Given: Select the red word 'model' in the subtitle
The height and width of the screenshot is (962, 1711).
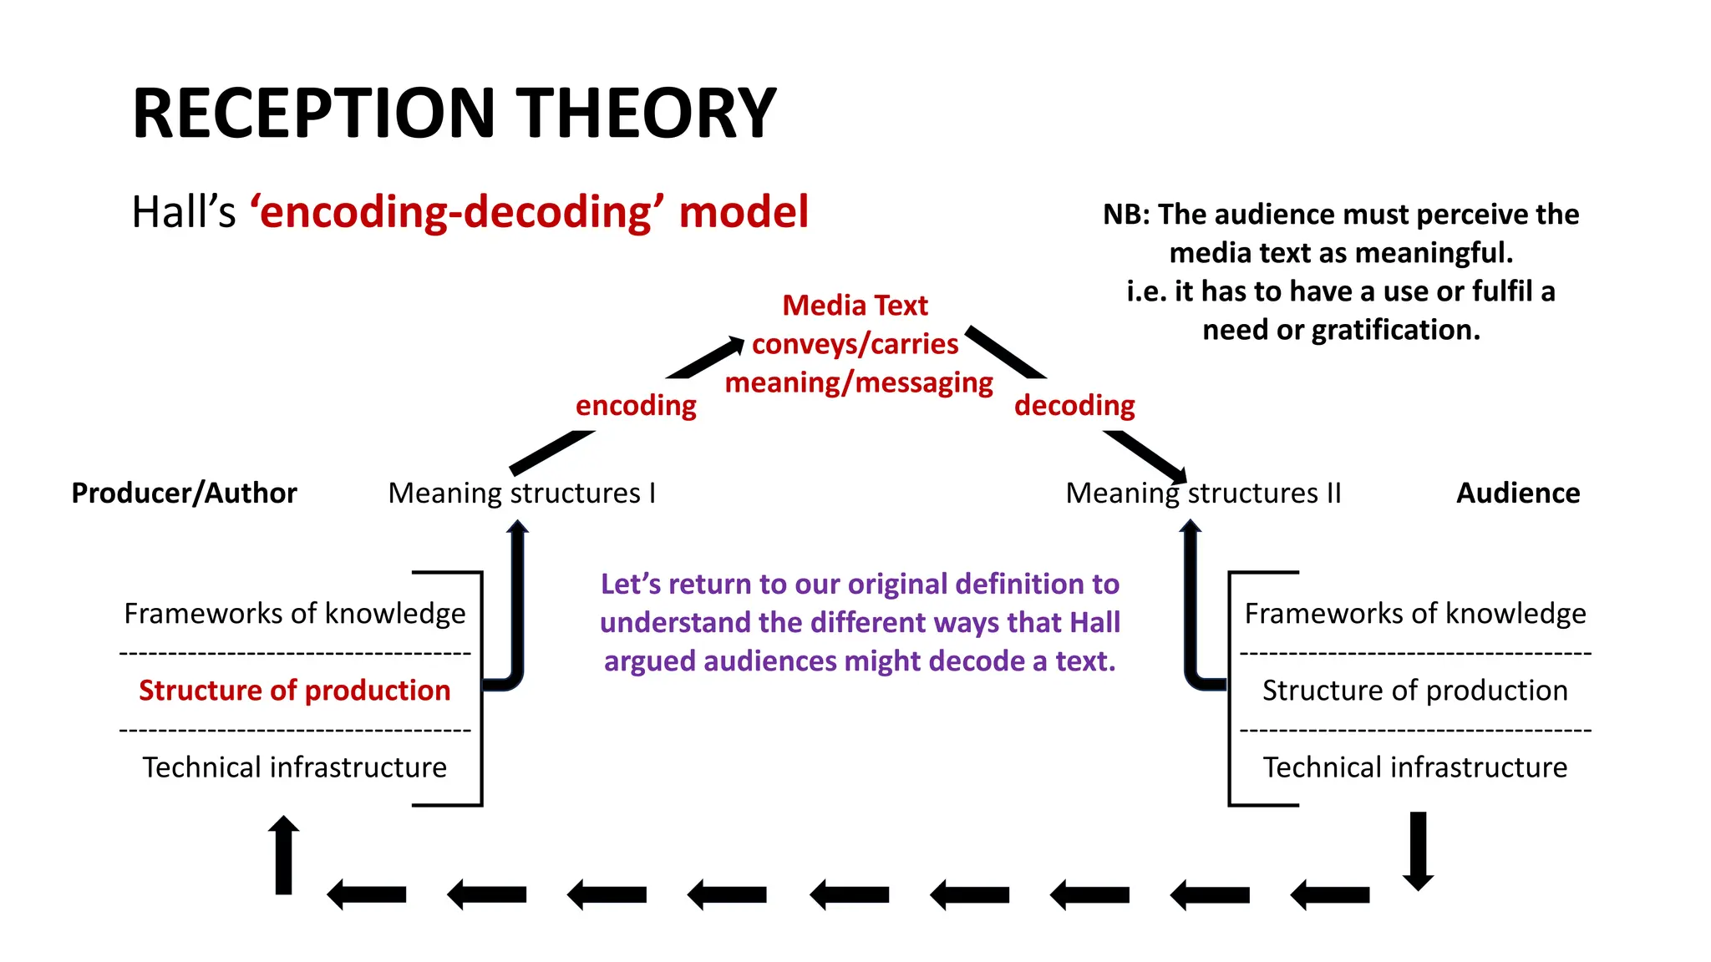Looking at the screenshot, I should tap(744, 212).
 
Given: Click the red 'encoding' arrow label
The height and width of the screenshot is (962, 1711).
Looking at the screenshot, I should tap(636, 406).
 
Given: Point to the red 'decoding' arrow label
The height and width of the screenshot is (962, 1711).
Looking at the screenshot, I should tap(1074, 406).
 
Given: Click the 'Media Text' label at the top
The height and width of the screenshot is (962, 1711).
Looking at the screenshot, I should tap(855, 306).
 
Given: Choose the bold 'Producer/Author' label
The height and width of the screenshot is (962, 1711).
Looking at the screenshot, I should tap(184, 494).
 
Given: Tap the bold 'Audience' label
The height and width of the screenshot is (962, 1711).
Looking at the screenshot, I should tap(1518, 494).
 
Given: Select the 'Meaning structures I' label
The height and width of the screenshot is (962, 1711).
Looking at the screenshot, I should tap(522, 494).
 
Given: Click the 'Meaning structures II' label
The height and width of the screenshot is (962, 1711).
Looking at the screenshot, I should tap(1203, 494).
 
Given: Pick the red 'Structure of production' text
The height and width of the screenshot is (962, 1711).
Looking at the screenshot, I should tap(295, 691).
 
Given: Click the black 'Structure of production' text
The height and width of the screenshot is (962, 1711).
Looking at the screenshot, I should tap(1414, 691).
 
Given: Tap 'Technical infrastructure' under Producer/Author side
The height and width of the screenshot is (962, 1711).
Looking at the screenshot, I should tap(295, 767).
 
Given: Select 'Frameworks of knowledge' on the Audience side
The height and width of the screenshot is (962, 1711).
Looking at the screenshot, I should tap(1414, 614).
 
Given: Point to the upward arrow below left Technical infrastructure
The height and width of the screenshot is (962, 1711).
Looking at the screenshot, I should tap(284, 855).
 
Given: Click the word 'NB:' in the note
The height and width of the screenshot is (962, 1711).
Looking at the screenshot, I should tap(1126, 215).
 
